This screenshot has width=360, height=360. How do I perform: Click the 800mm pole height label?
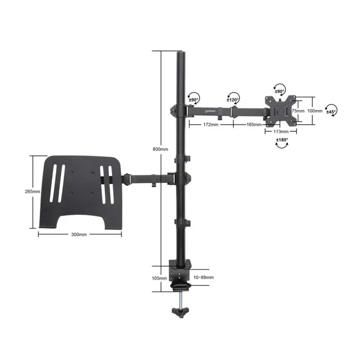coord(160,149)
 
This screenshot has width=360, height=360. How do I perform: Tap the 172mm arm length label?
coord(210,124)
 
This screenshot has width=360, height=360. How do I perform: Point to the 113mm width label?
coord(280,131)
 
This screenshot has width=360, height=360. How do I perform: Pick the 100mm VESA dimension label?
coord(315,111)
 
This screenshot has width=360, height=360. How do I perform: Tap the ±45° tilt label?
coord(330,112)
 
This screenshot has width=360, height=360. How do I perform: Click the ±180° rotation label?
coord(282,140)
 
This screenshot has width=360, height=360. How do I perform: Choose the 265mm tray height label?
coord(32,191)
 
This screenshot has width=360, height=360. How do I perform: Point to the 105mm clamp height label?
coord(159,278)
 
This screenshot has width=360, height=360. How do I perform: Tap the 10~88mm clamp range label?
coord(204,278)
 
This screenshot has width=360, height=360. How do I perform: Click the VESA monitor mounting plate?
coord(281,110)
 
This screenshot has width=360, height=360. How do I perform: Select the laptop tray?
coord(80,190)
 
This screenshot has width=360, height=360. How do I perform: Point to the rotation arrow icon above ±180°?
coord(282,147)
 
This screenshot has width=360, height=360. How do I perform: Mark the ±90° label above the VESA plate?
coord(280,92)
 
